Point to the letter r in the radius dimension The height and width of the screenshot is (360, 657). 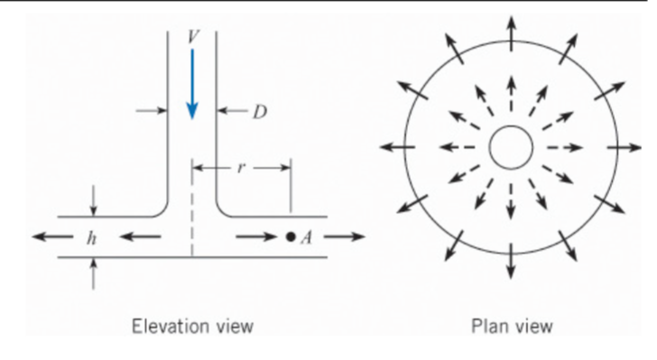241,168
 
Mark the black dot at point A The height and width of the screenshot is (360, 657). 290,237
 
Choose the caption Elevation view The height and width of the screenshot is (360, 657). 192,325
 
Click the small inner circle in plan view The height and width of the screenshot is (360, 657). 511,147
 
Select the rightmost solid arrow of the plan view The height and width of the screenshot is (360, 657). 624,147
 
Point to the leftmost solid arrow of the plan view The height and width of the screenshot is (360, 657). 397,147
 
